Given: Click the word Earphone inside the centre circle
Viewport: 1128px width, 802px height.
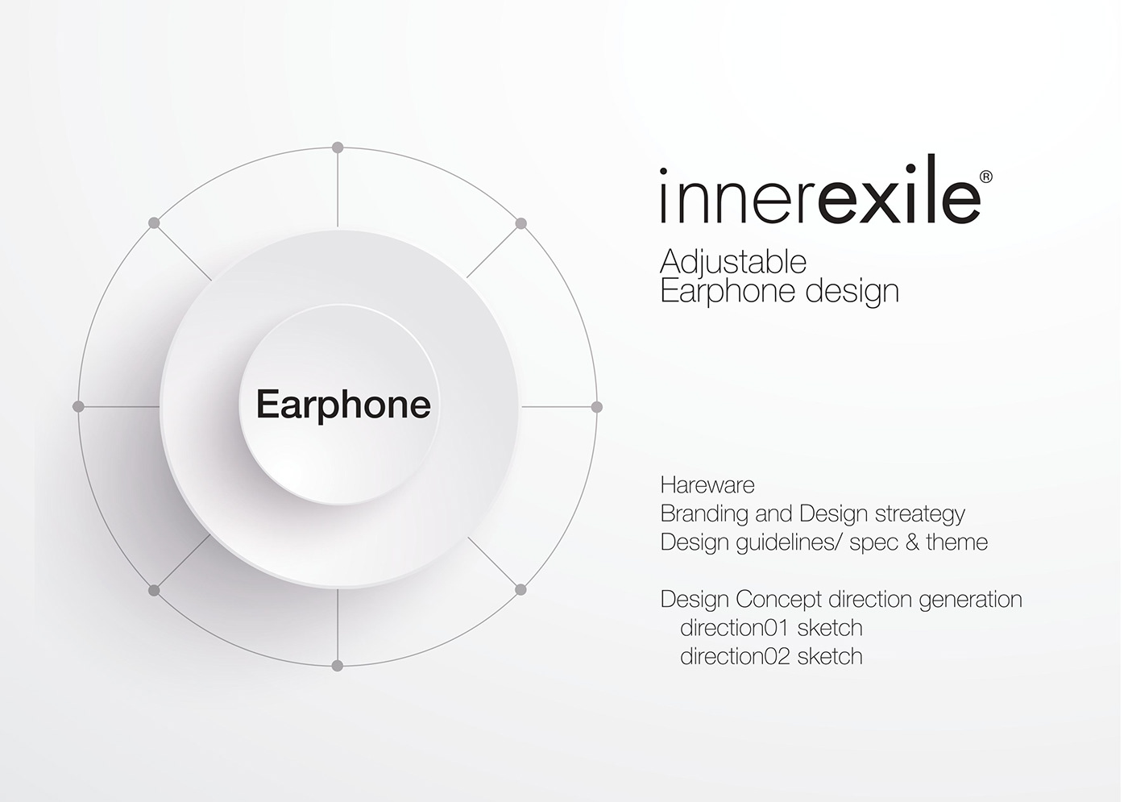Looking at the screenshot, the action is click(x=344, y=405).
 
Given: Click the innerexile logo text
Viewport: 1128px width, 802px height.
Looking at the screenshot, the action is click(x=820, y=189).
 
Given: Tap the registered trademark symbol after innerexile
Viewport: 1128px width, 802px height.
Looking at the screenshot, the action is click(x=986, y=177).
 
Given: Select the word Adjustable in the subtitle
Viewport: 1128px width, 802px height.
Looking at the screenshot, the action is click(x=733, y=263).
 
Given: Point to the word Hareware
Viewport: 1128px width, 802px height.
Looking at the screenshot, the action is click(x=707, y=485).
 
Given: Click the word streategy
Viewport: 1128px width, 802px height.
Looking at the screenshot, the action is click(x=920, y=515).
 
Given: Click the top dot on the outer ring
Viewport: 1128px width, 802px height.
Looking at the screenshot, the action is click(x=338, y=148).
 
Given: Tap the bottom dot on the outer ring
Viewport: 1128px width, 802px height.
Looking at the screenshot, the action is click(x=338, y=666).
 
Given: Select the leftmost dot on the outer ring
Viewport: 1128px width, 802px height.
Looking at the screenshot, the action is click(x=79, y=406).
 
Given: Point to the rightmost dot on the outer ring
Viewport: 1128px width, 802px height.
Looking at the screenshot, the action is click(x=597, y=407).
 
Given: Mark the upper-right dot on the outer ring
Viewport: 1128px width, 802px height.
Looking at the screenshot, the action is click(x=521, y=223).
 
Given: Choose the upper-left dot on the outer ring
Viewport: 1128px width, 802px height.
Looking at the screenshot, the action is click(x=154, y=223).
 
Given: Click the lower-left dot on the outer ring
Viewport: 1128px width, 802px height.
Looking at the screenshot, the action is click(x=154, y=590).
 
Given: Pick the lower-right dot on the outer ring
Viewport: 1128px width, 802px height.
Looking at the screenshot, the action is click(x=520, y=589).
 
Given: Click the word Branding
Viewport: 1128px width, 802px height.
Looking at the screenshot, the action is click(x=703, y=515).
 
